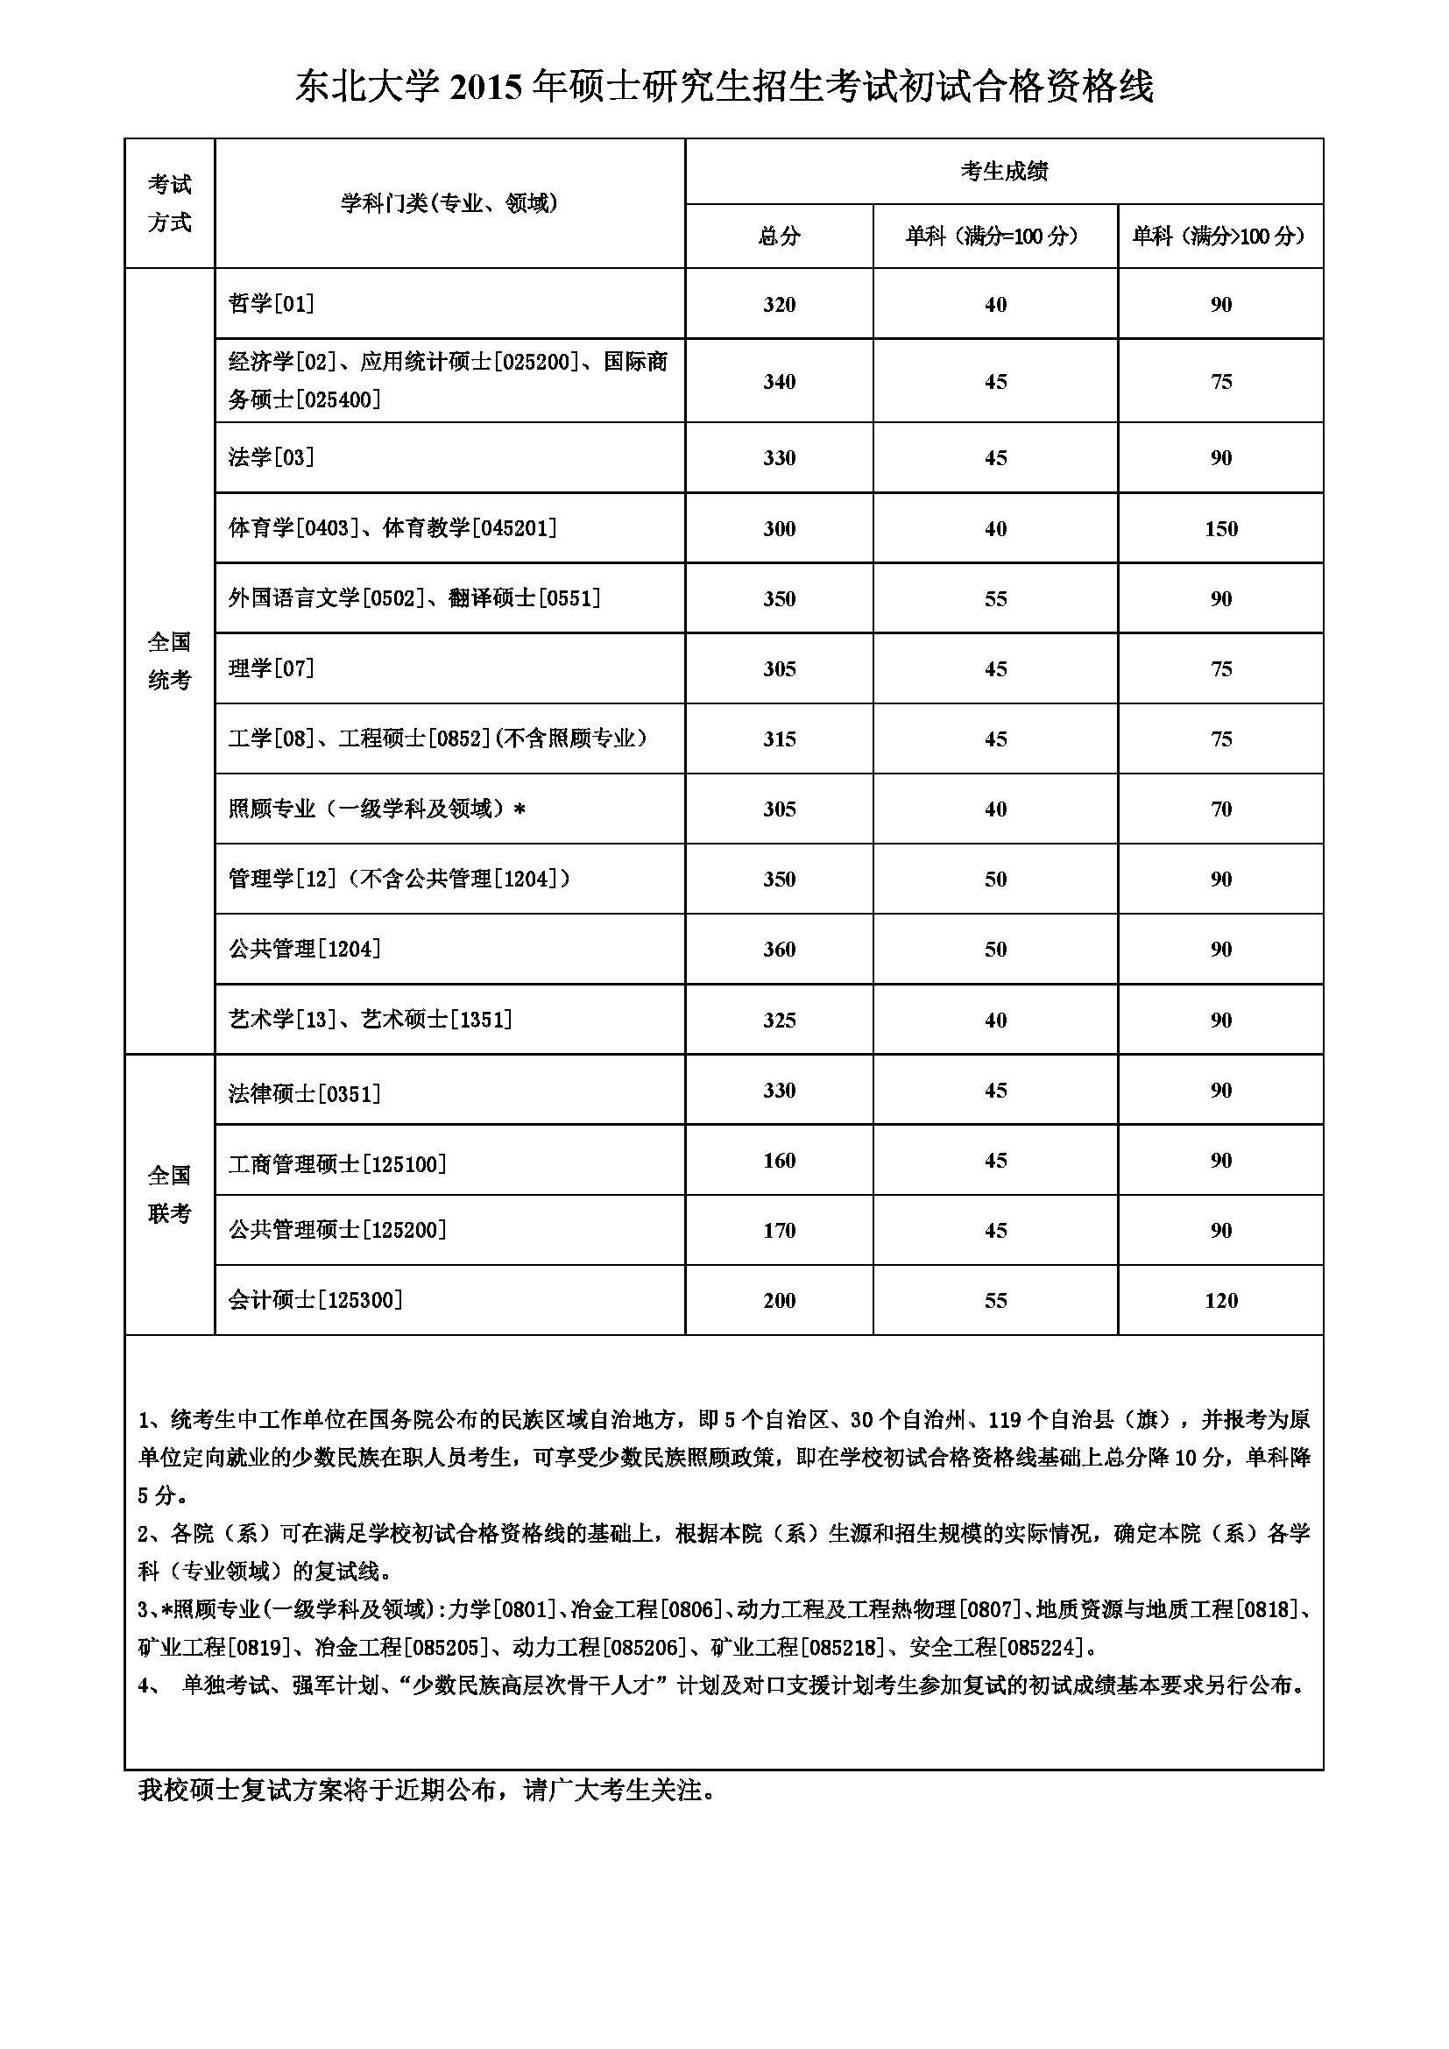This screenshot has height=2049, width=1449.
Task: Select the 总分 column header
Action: coord(779,237)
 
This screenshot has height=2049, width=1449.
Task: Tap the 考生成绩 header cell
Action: coord(1004,172)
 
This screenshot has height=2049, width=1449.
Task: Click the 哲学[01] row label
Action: coord(272,304)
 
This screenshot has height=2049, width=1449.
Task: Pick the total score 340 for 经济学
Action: coord(779,382)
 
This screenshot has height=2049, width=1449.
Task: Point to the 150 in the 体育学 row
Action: coord(1220,528)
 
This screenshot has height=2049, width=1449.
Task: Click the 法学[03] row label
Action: coord(272,458)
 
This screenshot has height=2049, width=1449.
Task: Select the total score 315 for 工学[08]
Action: coord(779,739)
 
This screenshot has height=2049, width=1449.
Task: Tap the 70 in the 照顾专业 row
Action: coord(1220,809)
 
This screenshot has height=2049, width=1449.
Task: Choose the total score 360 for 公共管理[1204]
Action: coord(779,950)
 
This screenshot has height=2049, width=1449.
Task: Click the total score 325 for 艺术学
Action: coord(779,1020)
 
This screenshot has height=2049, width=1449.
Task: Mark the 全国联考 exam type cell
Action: coord(170,1194)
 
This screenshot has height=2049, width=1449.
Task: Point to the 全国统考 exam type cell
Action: coord(170,661)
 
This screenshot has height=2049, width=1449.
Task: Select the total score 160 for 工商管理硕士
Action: coord(779,1160)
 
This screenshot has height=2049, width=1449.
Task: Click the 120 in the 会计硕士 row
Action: coord(1220,1300)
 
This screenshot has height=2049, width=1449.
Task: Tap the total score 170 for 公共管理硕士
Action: coord(779,1231)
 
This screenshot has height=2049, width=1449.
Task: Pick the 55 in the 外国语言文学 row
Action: coord(995,599)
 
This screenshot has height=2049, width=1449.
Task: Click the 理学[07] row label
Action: coord(272,668)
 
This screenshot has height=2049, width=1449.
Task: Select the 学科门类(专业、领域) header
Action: coord(449,203)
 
